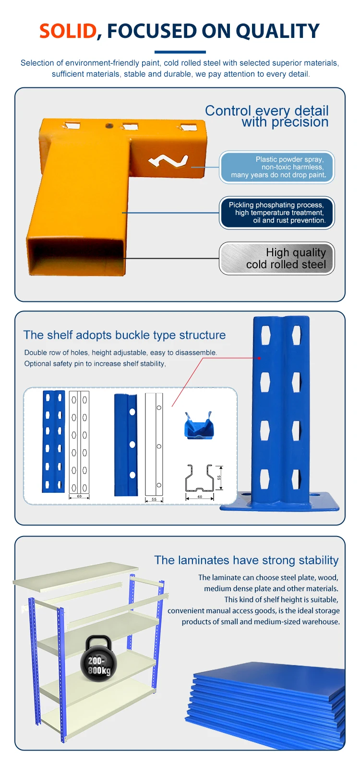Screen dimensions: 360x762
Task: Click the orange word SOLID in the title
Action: [x=68, y=31]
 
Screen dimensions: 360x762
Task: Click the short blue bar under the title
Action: [x=180, y=52]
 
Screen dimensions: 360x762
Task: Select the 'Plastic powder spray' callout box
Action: [x=277, y=167]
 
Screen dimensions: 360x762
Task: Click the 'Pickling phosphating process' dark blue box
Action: [x=277, y=213]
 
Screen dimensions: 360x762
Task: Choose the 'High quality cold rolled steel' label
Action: [x=277, y=259]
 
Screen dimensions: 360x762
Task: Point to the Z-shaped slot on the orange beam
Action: [x=168, y=161]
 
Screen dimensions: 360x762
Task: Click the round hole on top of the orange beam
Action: [x=109, y=126]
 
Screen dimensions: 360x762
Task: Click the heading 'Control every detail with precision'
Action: [x=267, y=116]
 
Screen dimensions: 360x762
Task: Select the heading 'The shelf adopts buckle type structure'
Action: [x=124, y=335]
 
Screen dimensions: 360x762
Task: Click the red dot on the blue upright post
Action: [x=259, y=358]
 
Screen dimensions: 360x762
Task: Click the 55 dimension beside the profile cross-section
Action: [x=219, y=478]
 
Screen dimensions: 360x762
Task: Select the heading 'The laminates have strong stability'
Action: [x=246, y=560]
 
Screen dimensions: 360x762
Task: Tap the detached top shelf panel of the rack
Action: [x=75, y=574]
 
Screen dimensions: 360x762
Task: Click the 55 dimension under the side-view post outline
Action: [x=154, y=500]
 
